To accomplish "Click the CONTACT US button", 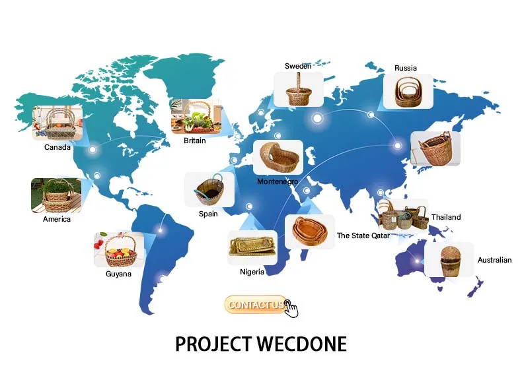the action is [256, 304].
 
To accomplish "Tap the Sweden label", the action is [298, 66].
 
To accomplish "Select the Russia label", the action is [405, 68].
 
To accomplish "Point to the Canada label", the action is [57, 147].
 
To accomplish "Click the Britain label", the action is [195, 141].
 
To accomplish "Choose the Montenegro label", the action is [278, 181].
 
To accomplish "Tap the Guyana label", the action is [118, 274].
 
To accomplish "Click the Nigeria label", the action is [252, 272].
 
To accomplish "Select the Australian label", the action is [494, 260].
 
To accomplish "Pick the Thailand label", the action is [446, 217].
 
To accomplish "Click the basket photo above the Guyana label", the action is [119, 249].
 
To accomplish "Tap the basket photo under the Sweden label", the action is [299, 90].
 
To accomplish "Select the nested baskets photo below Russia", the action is [408, 91].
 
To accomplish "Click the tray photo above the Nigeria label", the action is [252, 248].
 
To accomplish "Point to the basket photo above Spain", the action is [209, 190].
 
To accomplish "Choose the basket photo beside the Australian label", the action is [449, 259].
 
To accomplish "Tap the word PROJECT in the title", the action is [213, 344].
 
